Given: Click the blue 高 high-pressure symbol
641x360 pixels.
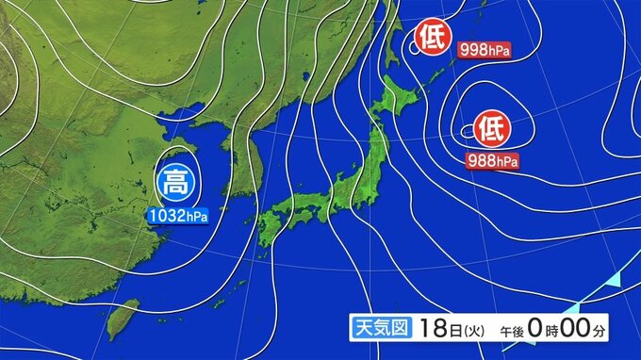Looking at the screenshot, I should tap(174, 181).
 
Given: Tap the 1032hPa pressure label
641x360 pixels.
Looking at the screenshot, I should tap(177, 216).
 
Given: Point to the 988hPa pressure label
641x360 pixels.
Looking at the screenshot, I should tap(492, 161).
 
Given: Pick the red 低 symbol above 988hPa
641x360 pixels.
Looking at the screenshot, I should tap(491, 125).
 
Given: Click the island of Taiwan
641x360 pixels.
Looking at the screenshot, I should tap(122, 319).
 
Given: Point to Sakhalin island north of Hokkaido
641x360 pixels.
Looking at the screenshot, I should tap(388, 28).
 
